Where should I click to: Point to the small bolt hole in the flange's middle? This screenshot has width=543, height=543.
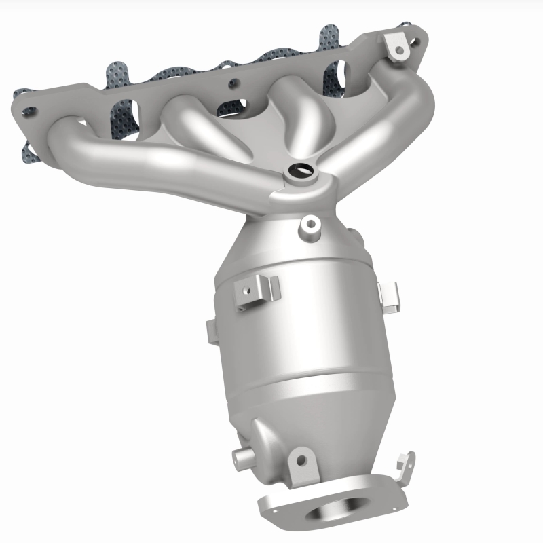(233, 85)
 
